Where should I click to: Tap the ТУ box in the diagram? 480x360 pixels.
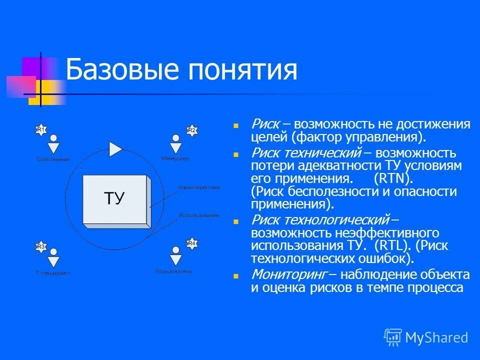pyautogui.click(x=114, y=198)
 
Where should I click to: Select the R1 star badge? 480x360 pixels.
pyautogui.click(x=40, y=130)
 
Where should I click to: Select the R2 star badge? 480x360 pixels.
pyautogui.click(x=191, y=130)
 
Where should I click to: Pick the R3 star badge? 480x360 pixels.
pyautogui.click(x=40, y=246)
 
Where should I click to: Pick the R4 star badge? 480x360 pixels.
pyautogui.click(x=191, y=243)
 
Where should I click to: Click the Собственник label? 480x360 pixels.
pyautogui.click(x=53, y=159)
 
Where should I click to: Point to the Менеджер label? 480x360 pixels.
pyautogui.click(x=175, y=158)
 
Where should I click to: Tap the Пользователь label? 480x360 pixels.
pyautogui.click(x=173, y=271)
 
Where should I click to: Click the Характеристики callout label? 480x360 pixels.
pyautogui.click(x=199, y=187)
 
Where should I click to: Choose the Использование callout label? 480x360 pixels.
pyautogui.click(x=199, y=215)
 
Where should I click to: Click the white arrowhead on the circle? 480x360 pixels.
pyautogui.click(x=115, y=149)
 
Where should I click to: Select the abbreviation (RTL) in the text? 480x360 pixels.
pyautogui.click(x=393, y=245)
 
